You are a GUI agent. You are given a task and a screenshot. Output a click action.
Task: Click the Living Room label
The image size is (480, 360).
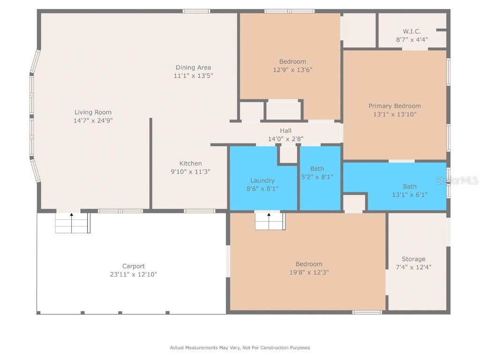pyautogui.click(x=93, y=112)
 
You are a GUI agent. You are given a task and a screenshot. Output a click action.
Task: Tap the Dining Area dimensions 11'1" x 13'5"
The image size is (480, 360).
pyautogui.click(x=193, y=75)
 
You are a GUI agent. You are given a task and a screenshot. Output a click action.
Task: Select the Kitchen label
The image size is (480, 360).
pyautogui.click(x=190, y=163)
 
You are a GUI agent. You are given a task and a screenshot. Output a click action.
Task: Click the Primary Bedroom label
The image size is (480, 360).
pyautogui.click(x=394, y=106)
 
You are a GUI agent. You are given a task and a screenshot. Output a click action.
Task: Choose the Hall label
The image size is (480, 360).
pyautogui.click(x=285, y=130)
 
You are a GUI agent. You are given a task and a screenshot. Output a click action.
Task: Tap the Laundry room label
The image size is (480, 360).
pyautogui.click(x=262, y=180)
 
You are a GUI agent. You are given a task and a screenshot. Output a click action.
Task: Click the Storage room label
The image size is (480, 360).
pyautogui.click(x=413, y=259)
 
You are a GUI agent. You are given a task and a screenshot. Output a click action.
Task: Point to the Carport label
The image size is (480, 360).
pyautogui.click(x=134, y=266)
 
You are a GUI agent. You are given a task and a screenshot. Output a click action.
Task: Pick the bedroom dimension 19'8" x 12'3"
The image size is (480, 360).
pyautogui.click(x=309, y=272)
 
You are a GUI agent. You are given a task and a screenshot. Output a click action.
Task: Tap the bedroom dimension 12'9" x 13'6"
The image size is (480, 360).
pyautogui.click(x=292, y=70)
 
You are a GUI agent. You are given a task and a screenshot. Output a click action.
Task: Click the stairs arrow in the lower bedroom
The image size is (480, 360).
pyautogui.click(x=269, y=216)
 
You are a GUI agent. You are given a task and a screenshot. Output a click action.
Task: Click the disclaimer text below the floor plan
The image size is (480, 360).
pyautogui.click(x=240, y=348)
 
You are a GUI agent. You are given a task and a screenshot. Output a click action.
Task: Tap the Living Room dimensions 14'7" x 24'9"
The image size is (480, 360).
pyautogui.click(x=93, y=120)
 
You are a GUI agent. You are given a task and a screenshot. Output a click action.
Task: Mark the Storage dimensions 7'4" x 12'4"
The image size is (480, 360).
pyautogui.click(x=413, y=267)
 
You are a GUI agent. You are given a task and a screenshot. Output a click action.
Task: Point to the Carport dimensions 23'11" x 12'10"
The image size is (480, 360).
pyautogui.click(x=134, y=275)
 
